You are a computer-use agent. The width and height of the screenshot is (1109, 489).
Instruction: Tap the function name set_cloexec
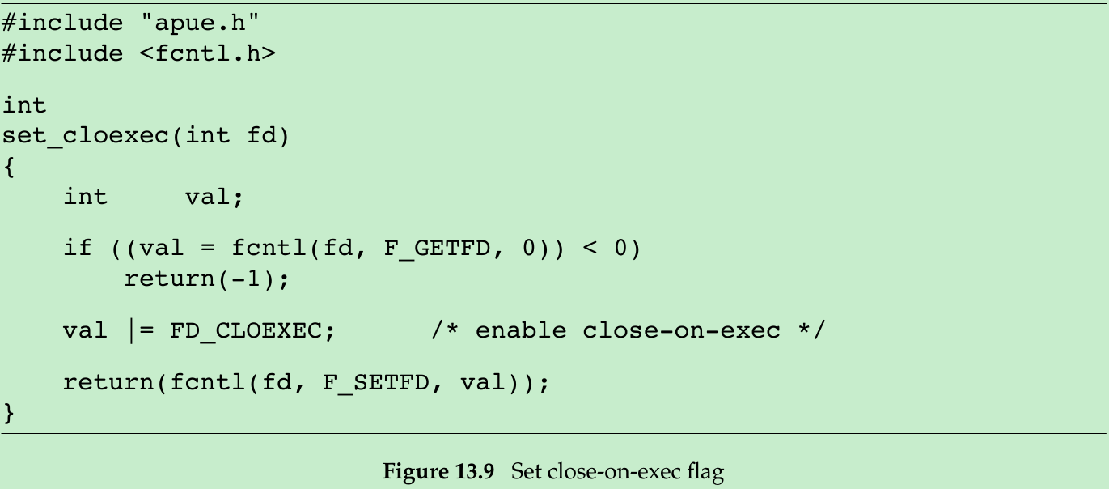(x=85, y=135)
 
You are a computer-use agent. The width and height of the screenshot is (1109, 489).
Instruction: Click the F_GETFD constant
(x=437, y=247)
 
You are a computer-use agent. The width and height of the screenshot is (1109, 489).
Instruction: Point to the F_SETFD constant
(x=376, y=381)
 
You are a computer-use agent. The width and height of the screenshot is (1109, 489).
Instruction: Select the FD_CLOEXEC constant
(x=252, y=330)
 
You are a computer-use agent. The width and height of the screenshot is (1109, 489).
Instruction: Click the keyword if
(x=78, y=247)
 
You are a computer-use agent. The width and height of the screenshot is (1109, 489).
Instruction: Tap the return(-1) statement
(x=206, y=279)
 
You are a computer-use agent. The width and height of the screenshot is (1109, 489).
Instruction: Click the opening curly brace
(x=9, y=166)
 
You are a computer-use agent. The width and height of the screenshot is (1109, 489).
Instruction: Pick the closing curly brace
(x=9, y=412)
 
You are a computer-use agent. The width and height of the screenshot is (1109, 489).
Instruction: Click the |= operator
(x=140, y=330)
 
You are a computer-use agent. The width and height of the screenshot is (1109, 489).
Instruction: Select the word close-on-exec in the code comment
(x=682, y=330)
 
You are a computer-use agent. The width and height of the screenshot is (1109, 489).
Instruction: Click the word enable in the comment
(x=519, y=330)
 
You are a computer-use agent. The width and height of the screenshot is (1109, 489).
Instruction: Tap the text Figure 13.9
(x=438, y=471)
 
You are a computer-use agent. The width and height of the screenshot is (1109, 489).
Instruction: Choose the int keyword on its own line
(x=24, y=105)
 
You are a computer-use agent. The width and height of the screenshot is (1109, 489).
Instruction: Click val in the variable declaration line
(x=214, y=197)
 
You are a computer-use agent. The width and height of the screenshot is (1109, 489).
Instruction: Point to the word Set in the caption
(x=526, y=471)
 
